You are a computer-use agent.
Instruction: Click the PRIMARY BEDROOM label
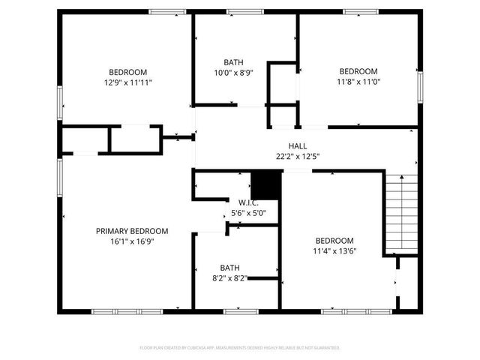coord(131,231)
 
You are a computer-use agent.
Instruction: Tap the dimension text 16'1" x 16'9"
coord(131,242)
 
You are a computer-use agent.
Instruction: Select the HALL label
coord(298,146)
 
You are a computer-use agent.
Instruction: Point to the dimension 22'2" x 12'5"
coord(298,157)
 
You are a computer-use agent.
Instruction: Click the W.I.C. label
coord(248,202)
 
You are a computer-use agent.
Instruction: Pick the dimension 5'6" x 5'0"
coord(248,213)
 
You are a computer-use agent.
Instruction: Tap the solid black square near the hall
coord(265,184)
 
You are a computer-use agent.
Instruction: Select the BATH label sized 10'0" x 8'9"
coord(233,62)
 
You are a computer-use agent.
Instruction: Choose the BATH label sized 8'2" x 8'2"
coord(229,268)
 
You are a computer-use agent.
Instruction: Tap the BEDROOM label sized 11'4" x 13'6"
coord(334,241)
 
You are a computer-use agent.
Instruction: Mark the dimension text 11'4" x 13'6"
coord(334,251)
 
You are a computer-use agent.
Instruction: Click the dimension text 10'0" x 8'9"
coord(233,73)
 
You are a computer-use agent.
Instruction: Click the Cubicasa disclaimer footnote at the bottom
coord(240,348)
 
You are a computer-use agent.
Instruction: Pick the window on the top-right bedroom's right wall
coord(420,84)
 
